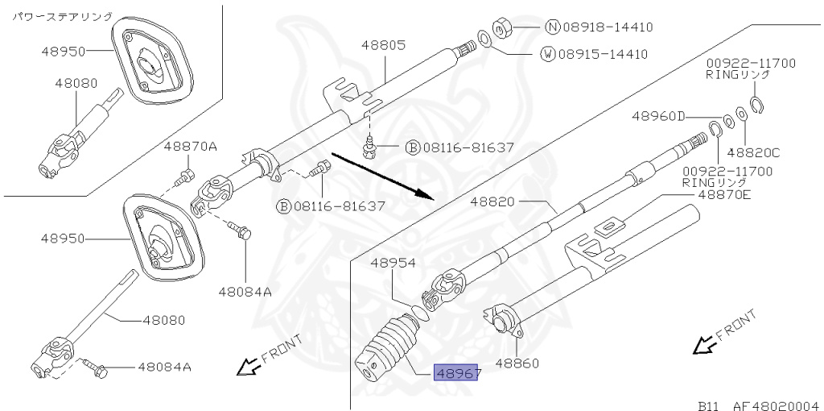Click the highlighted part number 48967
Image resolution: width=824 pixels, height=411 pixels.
click(457, 373)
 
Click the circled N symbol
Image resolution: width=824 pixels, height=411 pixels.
click(552, 27)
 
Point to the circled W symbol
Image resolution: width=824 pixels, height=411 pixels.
click(546, 55)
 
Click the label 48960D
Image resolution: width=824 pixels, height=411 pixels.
click(657, 116)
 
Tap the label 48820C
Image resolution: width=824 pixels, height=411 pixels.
click(753, 152)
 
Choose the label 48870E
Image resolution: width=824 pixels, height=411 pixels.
click(724, 194)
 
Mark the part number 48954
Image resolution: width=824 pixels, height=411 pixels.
click(393, 263)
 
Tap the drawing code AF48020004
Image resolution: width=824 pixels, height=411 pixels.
click(774, 405)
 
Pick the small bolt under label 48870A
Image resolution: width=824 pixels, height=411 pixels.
click(186, 175)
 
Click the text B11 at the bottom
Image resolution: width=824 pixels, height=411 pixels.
click(708, 405)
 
